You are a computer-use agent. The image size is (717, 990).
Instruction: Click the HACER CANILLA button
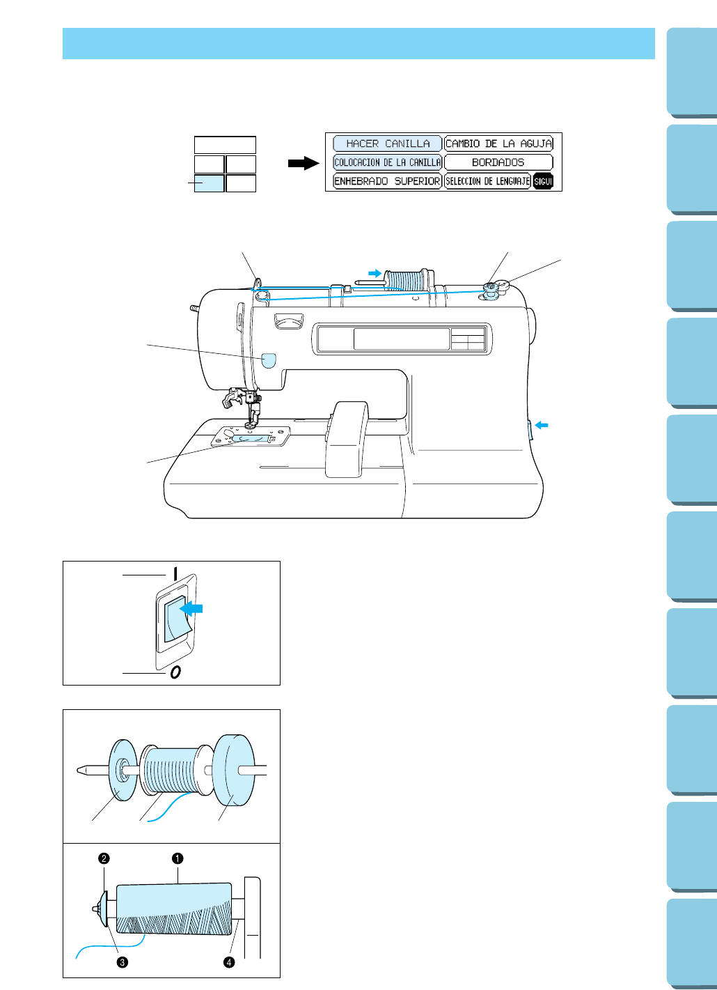387,144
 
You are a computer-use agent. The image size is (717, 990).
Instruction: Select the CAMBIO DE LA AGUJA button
498,144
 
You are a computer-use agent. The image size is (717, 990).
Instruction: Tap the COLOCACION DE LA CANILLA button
387,162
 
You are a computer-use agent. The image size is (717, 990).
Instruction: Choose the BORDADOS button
498,162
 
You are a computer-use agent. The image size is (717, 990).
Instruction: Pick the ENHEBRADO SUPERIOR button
387,181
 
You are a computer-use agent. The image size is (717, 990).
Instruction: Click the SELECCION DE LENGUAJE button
487,181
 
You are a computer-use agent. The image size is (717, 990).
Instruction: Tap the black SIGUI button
543,181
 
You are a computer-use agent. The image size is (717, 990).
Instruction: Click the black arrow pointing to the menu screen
304,163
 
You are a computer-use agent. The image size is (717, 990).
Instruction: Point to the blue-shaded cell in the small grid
209,183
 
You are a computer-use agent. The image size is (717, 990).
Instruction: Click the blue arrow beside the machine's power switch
542,425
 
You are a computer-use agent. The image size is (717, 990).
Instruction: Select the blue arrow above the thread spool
375,273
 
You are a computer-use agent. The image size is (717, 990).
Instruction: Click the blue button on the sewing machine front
269,359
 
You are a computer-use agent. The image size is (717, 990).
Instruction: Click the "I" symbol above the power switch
175,573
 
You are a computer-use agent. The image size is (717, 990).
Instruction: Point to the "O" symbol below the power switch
175,672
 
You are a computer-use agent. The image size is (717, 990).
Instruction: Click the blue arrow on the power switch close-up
192,608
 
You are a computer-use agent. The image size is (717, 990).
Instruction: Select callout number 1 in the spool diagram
178,858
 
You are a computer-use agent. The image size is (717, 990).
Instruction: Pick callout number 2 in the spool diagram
104,858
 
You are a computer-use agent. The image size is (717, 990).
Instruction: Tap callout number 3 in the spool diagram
122,962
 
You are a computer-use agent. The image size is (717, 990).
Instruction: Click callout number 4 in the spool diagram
228,962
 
